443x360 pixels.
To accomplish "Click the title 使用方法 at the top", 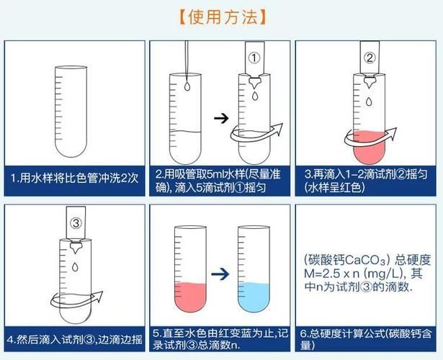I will [220, 17].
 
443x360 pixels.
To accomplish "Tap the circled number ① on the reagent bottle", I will [253, 58].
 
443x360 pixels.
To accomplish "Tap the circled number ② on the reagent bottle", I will [370, 58].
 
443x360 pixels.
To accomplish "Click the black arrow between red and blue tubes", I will [220, 274].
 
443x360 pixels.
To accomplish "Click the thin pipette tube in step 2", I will [187, 58].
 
